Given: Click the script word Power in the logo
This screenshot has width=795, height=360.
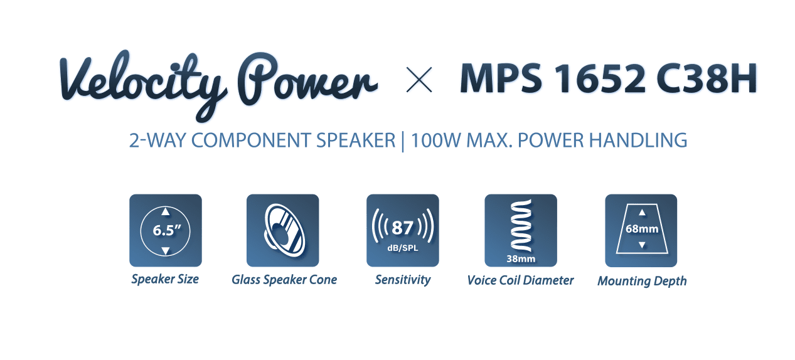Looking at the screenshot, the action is coord(307,79).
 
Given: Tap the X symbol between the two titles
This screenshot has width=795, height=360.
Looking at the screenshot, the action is coord(419,80).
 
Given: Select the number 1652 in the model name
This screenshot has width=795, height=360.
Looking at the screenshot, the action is coord(600,78).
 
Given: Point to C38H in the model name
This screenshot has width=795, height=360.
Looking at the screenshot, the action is coord(707,78).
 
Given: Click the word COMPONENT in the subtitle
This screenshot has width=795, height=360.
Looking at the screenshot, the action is coord(251,140).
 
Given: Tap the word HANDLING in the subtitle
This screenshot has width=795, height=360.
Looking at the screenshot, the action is coord(638,140).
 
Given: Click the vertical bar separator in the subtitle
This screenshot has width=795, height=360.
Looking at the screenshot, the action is coord(403,141).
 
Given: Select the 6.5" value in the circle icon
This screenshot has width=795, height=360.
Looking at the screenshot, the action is coord(166,231).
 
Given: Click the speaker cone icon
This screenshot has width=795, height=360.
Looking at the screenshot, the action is coord(284,231).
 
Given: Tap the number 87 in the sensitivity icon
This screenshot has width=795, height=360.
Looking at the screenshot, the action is coord(402,228).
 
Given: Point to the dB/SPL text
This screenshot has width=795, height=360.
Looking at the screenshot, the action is coord(402,248).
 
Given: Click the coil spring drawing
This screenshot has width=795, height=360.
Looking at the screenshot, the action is coord(521,226).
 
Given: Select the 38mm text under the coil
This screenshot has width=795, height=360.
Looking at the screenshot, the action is coord(521,258).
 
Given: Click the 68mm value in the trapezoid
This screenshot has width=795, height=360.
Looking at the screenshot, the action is coord(642,229).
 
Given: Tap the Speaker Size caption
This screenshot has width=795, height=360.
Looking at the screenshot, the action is coord(165,279).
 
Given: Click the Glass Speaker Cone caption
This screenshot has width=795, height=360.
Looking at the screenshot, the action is coord(284,280).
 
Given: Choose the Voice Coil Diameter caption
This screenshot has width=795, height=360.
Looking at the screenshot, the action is coord(520,280).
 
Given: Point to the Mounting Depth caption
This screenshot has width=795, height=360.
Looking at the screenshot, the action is coord(642,281).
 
